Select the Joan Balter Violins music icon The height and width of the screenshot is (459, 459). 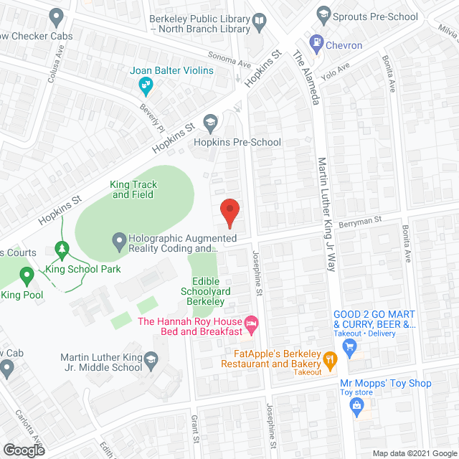click(x=146, y=87)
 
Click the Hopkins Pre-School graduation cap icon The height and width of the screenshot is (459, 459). click(x=210, y=122)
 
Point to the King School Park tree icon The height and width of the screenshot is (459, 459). click(x=62, y=250)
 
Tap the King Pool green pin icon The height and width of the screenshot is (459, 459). click(x=27, y=275)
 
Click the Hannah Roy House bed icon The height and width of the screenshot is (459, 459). click(x=251, y=326)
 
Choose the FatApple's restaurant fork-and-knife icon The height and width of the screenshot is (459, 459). click(x=330, y=360)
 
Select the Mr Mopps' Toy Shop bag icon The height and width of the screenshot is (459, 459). click(x=356, y=406)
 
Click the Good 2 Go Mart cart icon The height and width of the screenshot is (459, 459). click(x=349, y=349)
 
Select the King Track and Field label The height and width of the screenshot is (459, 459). click(x=133, y=189)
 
